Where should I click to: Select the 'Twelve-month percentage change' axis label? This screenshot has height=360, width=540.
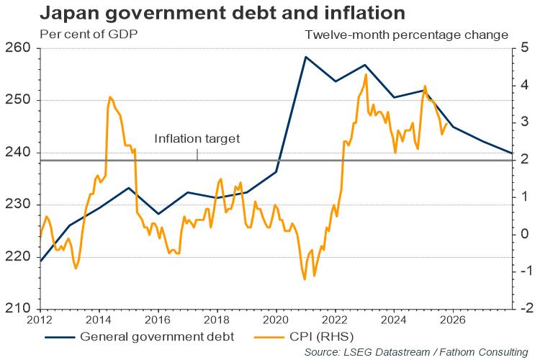pos(406,35)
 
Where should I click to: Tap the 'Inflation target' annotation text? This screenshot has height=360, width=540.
pos(197,139)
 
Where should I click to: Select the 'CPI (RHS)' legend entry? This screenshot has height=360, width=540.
pos(324,336)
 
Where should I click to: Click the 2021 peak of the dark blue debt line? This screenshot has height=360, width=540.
pos(305,56)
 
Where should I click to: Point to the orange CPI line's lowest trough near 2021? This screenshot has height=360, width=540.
pos(305,279)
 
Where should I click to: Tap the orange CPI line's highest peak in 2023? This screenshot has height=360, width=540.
pos(366,74)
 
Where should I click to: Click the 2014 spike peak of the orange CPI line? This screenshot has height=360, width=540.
pos(109,96)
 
